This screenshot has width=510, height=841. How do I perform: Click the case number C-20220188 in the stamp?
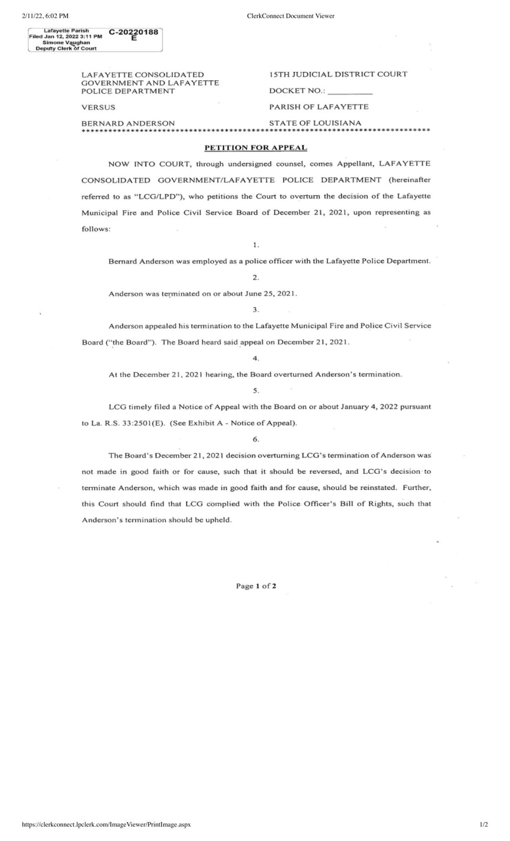tap(133, 32)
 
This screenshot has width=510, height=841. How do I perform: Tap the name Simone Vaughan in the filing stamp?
tap(66, 42)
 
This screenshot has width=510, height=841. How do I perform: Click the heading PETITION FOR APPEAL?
tap(255, 147)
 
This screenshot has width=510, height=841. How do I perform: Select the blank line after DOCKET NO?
tap(350, 91)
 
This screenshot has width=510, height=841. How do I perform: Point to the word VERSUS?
tap(98, 107)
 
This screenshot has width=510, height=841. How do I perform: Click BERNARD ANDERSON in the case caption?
tap(128, 123)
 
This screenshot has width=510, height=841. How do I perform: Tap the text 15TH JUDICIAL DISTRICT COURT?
tap(338, 74)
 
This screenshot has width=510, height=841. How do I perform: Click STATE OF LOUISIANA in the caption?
tap(315, 123)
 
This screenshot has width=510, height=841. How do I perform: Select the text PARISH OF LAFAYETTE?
tap(319, 107)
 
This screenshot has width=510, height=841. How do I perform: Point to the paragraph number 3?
tap(255, 310)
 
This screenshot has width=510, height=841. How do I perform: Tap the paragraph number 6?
tap(255, 439)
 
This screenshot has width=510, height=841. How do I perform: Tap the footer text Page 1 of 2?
tap(256, 586)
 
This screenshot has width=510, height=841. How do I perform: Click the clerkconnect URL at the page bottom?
tap(106, 824)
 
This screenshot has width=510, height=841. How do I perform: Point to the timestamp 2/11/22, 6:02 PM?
tap(45, 16)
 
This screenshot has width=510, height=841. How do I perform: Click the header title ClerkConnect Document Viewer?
tap(290, 16)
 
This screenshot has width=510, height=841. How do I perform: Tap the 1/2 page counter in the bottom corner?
tap(484, 824)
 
